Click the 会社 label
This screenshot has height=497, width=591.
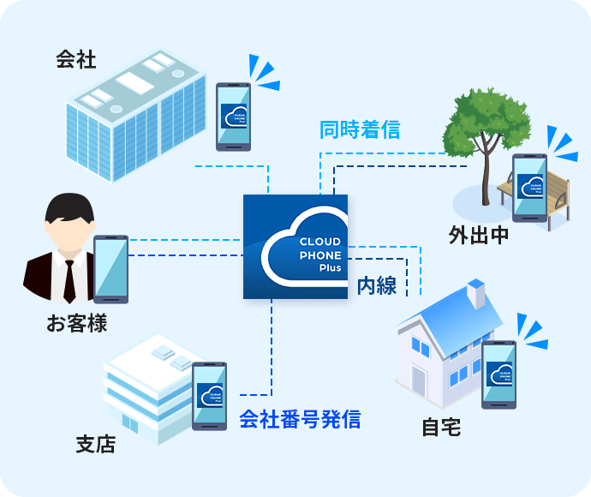click(x=76, y=60)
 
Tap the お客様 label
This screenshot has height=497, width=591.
click(x=77, y=324)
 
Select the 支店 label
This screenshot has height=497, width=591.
click(x=95, y=445)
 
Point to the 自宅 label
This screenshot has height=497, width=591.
click(x=441, y=427)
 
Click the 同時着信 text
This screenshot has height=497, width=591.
click(x=360, y=130)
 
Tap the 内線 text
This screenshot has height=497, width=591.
click(x=377, y=285)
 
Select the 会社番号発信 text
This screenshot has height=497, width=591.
click(x=300, y=420)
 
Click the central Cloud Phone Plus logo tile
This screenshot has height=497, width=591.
click(x=295, y=246)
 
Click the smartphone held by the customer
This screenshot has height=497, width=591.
click(x=110, y=269)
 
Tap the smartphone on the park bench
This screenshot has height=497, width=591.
click(x=530, y=188)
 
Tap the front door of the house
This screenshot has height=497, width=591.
click(x=418, y=380)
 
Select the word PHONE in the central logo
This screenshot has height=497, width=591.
click(x=320, y=255)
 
